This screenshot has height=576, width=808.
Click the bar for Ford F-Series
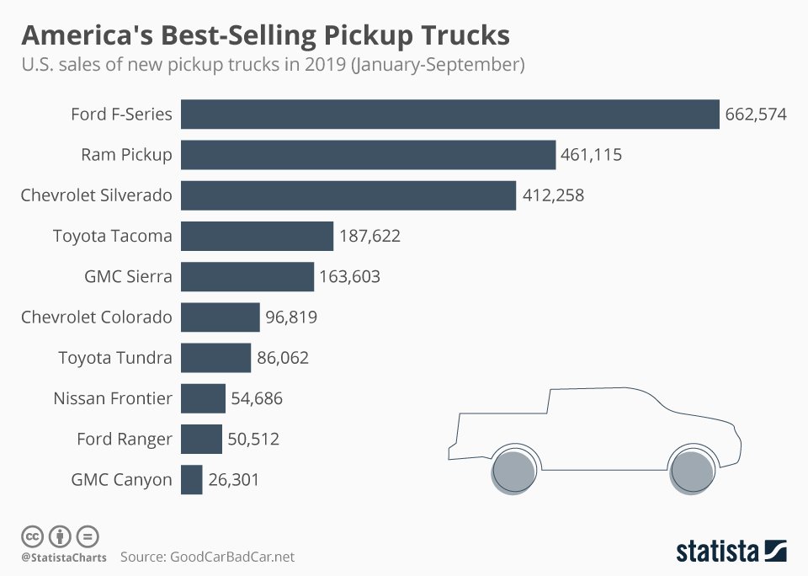pos(450,115)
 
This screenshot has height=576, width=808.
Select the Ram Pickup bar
pos(368,155)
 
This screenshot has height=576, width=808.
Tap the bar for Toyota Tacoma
pos(257,236)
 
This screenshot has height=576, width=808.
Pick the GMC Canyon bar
pos(192,480)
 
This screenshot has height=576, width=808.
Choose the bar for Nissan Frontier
pos(203,398)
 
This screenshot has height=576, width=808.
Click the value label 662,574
pos(755,115)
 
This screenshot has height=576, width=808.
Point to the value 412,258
pos(552,195)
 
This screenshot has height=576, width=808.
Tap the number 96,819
pos(291,317)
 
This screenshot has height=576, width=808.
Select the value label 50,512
pos(253,439)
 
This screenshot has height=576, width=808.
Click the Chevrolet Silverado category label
pos(96,195)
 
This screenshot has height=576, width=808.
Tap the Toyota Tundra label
pos(115,358)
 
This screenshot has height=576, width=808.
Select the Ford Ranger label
pos(124,439)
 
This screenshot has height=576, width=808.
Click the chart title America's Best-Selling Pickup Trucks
pos(265,35)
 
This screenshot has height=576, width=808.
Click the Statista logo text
pos(716,552)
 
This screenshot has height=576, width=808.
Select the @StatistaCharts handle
pos(63,557)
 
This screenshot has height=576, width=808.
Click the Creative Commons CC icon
pos(32,536)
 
